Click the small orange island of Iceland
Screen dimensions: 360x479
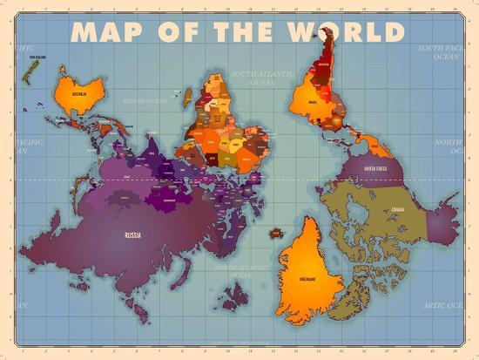[280, 233]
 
